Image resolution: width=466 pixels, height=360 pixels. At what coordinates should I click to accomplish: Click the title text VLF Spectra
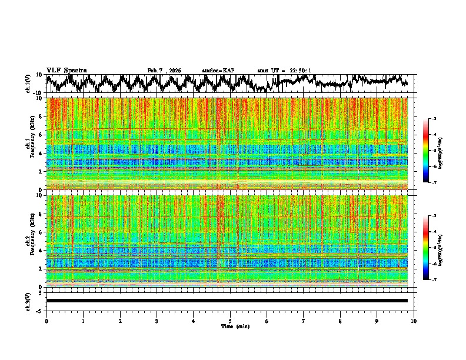click(66, 71)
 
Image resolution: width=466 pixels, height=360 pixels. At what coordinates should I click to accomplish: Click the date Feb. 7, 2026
click(164, 71)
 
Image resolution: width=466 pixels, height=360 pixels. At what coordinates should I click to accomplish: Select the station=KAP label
click(218, 71)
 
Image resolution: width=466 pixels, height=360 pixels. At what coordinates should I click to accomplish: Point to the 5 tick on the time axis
click(230, 321)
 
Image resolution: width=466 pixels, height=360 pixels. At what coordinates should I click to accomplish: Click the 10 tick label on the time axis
click(414, 321)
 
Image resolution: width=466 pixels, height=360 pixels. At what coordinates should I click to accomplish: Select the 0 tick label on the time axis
click(46, 321)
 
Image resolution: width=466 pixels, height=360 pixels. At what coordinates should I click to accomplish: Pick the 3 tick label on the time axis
click(157, 321)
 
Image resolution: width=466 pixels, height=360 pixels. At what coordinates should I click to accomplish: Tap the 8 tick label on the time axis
click(340, 321)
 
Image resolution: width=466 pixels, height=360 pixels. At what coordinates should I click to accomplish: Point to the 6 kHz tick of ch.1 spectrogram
click(41, 135)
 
